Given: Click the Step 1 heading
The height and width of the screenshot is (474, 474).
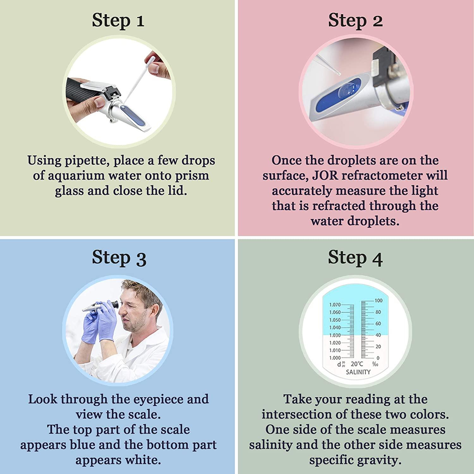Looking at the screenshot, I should [118, 21].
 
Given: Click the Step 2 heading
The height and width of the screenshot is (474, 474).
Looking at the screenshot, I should [355, 21].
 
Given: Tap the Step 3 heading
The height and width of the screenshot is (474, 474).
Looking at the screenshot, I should [119, 258].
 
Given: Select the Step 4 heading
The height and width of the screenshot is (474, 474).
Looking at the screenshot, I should [355, 258].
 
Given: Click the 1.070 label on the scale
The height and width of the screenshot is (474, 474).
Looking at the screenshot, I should [335, 305].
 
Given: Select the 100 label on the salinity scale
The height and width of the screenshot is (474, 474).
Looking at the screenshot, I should [378, 301].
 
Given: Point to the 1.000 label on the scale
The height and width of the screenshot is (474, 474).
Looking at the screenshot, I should [335, 358].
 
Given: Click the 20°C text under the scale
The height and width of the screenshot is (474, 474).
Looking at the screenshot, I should [357, 364].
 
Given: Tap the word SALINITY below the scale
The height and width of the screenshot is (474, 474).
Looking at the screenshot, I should [358, 372].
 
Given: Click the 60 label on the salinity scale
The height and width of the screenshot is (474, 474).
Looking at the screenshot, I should [378, 324].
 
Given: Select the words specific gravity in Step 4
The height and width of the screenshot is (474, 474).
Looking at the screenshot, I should [355, 460].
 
